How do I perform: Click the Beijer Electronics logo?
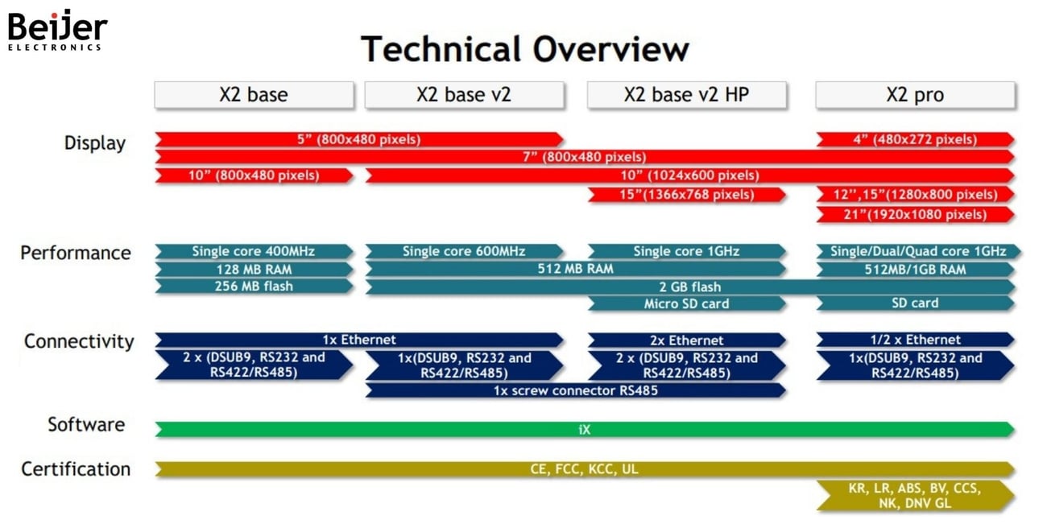[56, 31]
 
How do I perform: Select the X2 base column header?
[254, 95]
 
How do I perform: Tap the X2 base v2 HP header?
[686, 95]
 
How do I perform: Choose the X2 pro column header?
[915, 95]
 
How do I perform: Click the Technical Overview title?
[524, 49]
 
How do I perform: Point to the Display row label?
[95, 143]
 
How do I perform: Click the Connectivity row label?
[79, 341]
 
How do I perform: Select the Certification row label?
[76, 469]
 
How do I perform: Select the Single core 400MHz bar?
[253, 252]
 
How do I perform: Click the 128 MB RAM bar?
[253, 269]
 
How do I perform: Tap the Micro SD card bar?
[686, 303]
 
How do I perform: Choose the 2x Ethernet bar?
[686, 340]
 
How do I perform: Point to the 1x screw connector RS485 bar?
[575, 390]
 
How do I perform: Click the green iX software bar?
[584, 430]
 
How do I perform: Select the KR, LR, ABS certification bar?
[915, 496]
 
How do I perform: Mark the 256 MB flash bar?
[253, 286]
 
